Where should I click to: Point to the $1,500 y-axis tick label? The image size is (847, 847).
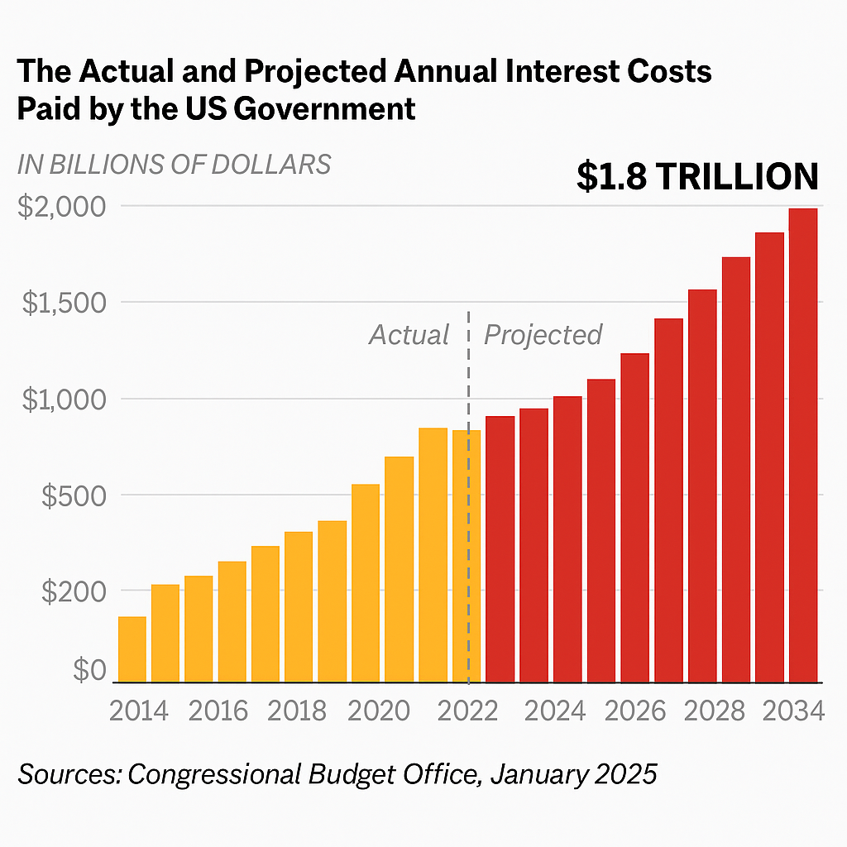click(x=63, y=303)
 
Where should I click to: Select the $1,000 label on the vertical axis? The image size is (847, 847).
click(x=63, y=400)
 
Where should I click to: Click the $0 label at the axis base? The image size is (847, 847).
click(x=89, y=670)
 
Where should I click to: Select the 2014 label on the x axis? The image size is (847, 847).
click(x=139, y=711)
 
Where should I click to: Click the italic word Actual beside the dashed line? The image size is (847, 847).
click(x=409, y=335)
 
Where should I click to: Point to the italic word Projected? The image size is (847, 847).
click(x=543, y=335)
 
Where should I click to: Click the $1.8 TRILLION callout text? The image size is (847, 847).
click(x=697, y=177)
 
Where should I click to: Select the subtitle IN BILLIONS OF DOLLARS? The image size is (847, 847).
click(x=174, y=164)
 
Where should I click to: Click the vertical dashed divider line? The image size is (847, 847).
click(x=469, y=496)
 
